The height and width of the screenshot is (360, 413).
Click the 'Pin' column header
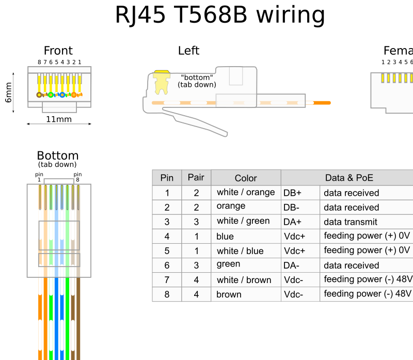tap(167, 178)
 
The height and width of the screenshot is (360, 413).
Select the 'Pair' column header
tap(196, 178)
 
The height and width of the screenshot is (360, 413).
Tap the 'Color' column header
tap(246, 178)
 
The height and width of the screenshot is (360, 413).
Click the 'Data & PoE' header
tap(349, 178)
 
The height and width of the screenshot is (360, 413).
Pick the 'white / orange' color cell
tap(246, 192)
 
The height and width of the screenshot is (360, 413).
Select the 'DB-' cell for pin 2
tap(292, 208)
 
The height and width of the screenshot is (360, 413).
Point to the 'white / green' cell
tap(243, 221)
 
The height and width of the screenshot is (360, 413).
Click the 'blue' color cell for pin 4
tap(225, 237)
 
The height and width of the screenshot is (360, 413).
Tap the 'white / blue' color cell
tap(240, 251)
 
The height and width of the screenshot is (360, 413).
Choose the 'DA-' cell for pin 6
tap(292, 265)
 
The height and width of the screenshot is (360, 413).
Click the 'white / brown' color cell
tap(244, 280)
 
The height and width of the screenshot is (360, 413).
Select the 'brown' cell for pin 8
tap(229, 294)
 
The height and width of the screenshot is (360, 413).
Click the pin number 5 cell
tap(167, 251)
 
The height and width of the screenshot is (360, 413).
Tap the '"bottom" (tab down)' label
tap(197, 81)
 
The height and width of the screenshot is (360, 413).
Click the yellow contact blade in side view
tap(162, 83)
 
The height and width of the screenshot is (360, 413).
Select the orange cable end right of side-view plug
tap(322, 103)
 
